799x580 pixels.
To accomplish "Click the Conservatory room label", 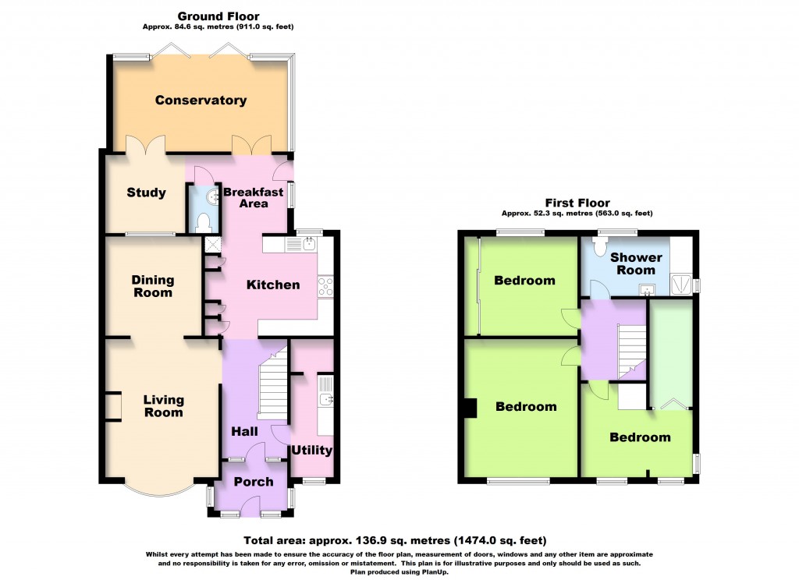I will pos(201,100).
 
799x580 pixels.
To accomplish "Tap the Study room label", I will pos(147,193).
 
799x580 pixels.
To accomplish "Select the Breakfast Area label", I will pos(246,197).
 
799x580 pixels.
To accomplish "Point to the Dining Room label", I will pos(152,286).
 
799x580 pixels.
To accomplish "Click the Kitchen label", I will pos(273,285).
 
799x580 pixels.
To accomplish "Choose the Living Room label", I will pos(163,405).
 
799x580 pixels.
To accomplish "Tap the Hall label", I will pos(246,430).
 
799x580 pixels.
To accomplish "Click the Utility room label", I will pos(311,450).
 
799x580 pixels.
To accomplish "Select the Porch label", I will pos(254,482).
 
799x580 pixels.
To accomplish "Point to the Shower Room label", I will pos(636,263).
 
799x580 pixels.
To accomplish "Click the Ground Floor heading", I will pos(218,16).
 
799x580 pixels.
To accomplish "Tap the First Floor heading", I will pos(578,203).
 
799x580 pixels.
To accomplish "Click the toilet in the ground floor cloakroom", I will pos(205,223).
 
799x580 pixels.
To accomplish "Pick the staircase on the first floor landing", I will pos(631,347).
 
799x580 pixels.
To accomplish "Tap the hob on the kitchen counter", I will pos(325,286).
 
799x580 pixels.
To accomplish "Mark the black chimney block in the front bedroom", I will pos(471,409).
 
